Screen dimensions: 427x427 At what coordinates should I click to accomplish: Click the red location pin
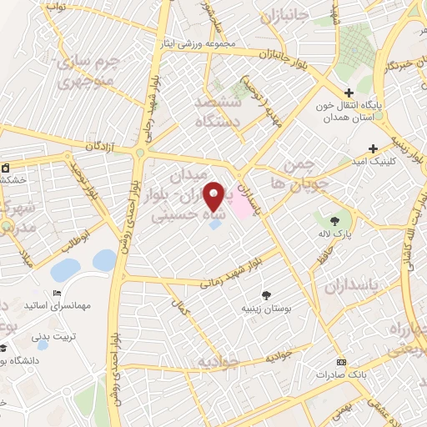coord(214,195)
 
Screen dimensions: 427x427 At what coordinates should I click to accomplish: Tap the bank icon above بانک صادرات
coord(340,362)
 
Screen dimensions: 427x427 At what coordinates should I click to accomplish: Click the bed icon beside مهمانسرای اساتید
coord(57,293)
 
